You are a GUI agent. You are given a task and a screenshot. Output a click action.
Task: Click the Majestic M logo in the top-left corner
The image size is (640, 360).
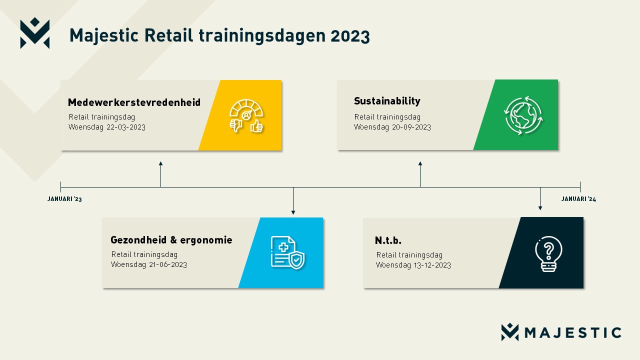(35, 33)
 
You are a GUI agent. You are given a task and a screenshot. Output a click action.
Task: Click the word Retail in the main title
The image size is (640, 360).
(168, 35)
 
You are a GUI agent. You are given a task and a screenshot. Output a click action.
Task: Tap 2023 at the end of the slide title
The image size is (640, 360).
(350, 36)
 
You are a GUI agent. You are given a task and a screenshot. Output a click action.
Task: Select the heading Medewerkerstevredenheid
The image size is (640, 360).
(134, 102)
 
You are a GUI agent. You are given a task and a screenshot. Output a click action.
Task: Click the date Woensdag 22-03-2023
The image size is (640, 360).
(107, 127)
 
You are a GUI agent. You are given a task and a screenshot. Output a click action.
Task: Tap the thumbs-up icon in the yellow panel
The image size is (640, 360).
(256, 126)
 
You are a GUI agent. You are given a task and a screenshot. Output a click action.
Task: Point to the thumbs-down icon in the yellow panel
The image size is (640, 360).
(236, 125)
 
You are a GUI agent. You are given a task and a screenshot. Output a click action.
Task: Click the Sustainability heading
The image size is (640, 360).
(387, 101)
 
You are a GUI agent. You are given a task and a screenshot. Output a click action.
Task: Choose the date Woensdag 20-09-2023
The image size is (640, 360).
(392, 127)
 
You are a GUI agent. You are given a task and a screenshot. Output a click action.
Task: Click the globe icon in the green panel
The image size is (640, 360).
(523, 115)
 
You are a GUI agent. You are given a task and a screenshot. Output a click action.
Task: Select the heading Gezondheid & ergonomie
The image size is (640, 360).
(171, 240)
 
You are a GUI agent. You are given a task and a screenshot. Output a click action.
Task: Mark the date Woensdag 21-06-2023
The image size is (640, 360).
(149, 264)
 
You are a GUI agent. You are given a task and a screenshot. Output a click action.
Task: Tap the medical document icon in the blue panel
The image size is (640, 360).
(287, 252)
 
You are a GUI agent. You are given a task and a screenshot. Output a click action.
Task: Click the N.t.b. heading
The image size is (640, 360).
(388, 240)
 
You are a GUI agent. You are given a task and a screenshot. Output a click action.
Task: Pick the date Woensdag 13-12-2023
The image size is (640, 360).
(413, 265)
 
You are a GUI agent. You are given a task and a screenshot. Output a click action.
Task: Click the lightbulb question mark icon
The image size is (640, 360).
(548, 253)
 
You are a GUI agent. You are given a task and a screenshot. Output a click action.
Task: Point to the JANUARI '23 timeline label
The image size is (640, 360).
(64, 199)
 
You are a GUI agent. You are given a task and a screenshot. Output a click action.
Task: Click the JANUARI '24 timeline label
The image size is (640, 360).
(578, 199)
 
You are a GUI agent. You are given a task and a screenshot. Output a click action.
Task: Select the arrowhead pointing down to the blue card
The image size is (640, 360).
(293, 212)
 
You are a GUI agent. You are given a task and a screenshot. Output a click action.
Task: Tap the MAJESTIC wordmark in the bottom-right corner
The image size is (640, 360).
(573, 333)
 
